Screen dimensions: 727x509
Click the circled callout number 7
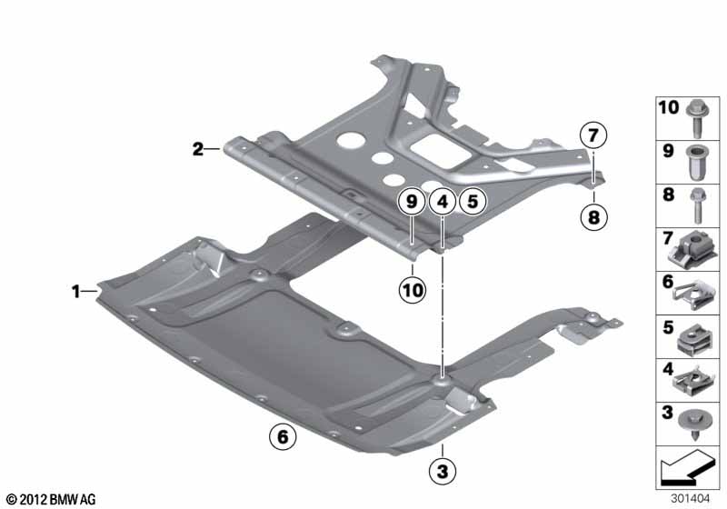tap(593, 135)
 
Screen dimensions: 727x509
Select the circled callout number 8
tap(593, 216)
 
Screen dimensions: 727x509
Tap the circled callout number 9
tap(412, 202)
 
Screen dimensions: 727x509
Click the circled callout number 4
tap(443, 202)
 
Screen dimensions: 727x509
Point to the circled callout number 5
tap(473, 202)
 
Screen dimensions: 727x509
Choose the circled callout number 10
tap(413, 290)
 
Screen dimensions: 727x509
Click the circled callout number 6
tap(283, 436)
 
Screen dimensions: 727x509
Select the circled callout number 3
tap(443, 472)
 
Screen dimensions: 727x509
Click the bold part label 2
tap(198, 149)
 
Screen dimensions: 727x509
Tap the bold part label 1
tap(76, 292)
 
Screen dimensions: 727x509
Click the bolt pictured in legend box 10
tap(696, 119)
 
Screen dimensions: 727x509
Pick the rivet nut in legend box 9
tap(696, 163)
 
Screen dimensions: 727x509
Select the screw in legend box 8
tap(697, 206)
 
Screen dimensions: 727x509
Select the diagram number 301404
tap(690, 499)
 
